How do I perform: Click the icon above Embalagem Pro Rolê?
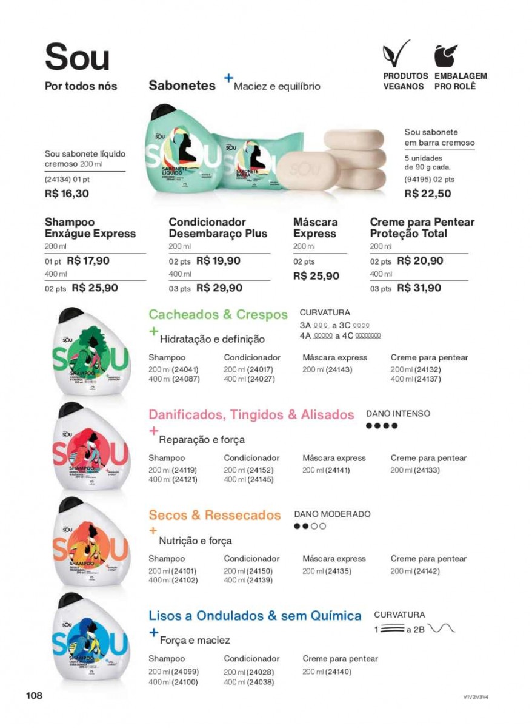tap(447, 56)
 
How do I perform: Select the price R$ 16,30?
tap(67, 194)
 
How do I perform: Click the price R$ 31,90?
tap(419, 288)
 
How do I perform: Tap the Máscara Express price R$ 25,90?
tap(316, 275)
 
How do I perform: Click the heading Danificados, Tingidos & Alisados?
tap(251, 415)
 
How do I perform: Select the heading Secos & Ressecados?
tap(215, 515)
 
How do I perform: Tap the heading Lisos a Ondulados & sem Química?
tap(255, 615)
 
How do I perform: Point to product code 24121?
tap(185, 480)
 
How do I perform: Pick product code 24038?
tap(261, 681)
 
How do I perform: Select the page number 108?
tap(33, 695)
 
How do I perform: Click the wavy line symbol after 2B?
tap(441, 629)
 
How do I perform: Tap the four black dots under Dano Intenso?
tap(382, 426)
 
